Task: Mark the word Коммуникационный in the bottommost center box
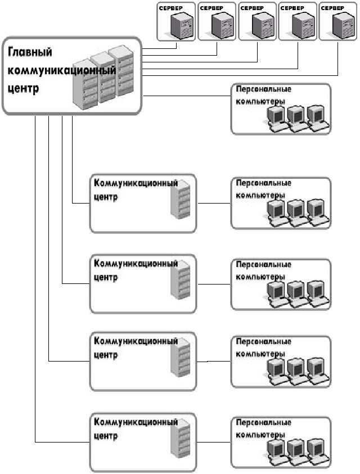click(x=136, y=422)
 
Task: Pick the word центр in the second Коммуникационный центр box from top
click(x=105, y=277)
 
